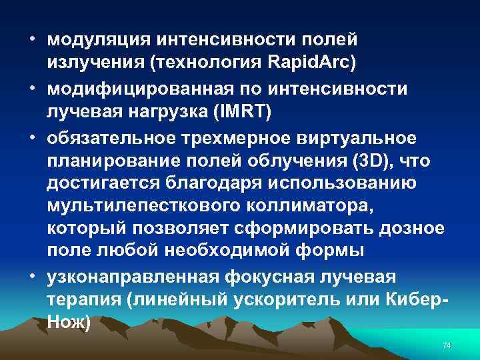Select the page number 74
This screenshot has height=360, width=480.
[447, 345]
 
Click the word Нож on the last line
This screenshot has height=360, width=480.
[67, 321]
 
